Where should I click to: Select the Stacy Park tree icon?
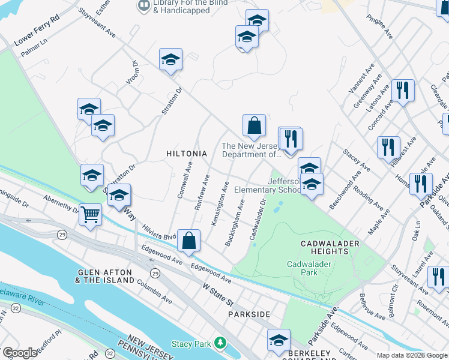coord(221,344)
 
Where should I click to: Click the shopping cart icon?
coord(90,214)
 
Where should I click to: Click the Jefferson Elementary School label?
coord(267,185)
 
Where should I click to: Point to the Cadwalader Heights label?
coord(330,247)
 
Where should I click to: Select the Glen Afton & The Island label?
coord(106,276)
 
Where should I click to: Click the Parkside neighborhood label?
coord(249,314)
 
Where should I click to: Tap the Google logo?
coord(20,353)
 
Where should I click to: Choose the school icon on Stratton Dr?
coord(170,60)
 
